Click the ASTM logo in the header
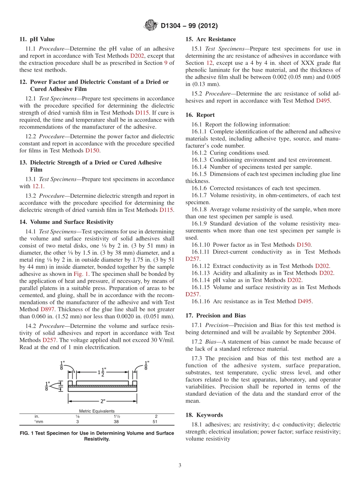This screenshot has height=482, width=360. (x=151, y=26)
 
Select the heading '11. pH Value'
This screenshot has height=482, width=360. (x=37, y=39)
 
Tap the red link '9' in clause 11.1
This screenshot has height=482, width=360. (x=165, y=63)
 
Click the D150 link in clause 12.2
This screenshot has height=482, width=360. (x=92, y=150)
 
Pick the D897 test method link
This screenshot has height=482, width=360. (x=47, y=309)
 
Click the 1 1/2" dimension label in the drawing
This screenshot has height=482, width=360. (x=102, y=373)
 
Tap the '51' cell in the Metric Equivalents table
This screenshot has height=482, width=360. (x=156, y=421)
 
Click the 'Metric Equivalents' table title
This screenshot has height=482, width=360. (x=97, y=411)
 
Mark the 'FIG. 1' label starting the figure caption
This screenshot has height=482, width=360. (x=26, y=433)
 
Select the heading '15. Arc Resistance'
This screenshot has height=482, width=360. (x=210, y=39)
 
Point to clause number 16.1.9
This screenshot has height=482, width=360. (x=200, y=224)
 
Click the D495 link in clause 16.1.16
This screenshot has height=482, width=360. (x=305, y=301)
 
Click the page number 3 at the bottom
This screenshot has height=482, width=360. (x=180, y=466)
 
